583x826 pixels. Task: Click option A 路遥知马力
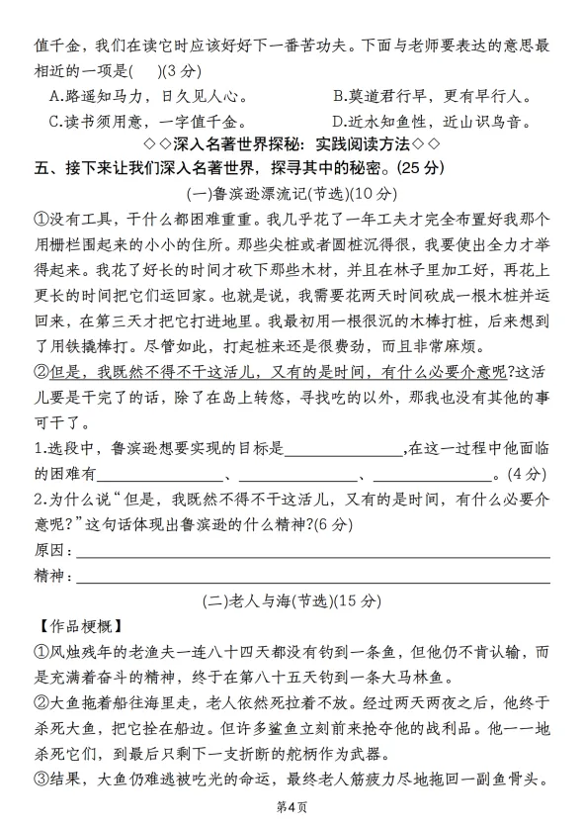(x=148, y=97)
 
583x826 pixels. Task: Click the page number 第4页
(x=292, y=808)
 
